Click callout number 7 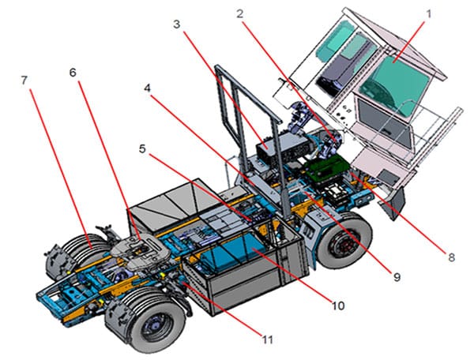24,81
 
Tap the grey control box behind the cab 276,147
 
